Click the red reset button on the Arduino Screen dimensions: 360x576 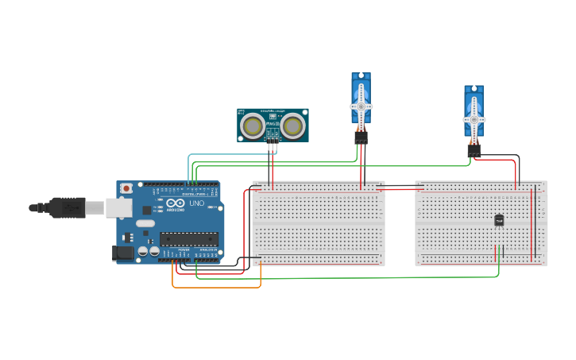point(126,188)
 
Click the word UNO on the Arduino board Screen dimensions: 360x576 point(196,203)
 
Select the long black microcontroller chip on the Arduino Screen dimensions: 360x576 point(188,238)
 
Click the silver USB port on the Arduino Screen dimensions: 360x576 point(119,207)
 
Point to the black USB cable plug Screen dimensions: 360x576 point(68,207)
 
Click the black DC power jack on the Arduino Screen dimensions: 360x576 point(123,254)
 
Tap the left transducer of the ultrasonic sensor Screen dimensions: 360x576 point(253,125)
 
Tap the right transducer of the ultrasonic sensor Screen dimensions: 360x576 point(293,125)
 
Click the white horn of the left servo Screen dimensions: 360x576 point(361,105)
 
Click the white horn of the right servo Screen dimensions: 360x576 point(474,118)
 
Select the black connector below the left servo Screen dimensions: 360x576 point(361,137)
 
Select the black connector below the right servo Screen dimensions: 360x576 point(474,149)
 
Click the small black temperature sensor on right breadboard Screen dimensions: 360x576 point(499,220)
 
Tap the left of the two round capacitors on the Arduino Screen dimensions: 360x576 point(143,251)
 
